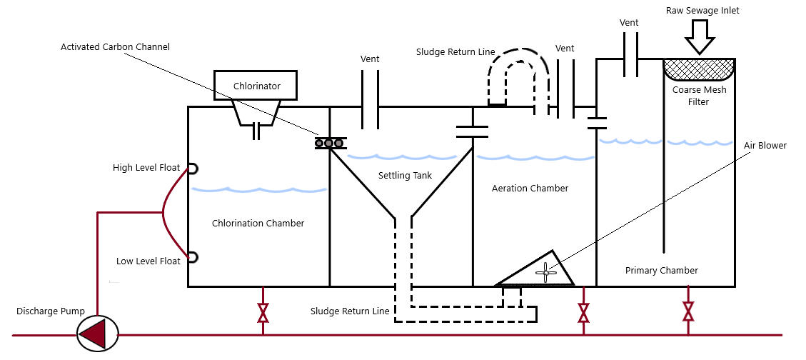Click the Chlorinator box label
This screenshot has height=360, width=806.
point(256,86)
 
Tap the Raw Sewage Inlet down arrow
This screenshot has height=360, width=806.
point(699,36)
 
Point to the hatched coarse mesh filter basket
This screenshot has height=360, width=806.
point(699,69)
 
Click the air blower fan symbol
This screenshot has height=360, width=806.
point(545,271)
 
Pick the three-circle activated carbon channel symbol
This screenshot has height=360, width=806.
point(330,144)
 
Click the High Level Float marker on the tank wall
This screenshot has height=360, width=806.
point(191,169)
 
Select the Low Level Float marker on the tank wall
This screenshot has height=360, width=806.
point(191,257)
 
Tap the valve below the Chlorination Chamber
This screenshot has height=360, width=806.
point(263,312)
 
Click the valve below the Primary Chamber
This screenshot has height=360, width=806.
point(688,311)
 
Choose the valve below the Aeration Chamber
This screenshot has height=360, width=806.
point(583,312)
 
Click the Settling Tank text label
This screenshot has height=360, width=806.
point(405,175)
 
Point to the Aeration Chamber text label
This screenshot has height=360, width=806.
point(530,189)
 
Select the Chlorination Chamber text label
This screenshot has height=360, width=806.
point(258,224)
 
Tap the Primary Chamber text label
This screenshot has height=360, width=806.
point(661,271)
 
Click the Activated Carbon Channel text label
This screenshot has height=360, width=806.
point(115,47)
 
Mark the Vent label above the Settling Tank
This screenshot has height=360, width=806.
point(370,59)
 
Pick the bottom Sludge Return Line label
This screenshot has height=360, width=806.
point(350,311)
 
